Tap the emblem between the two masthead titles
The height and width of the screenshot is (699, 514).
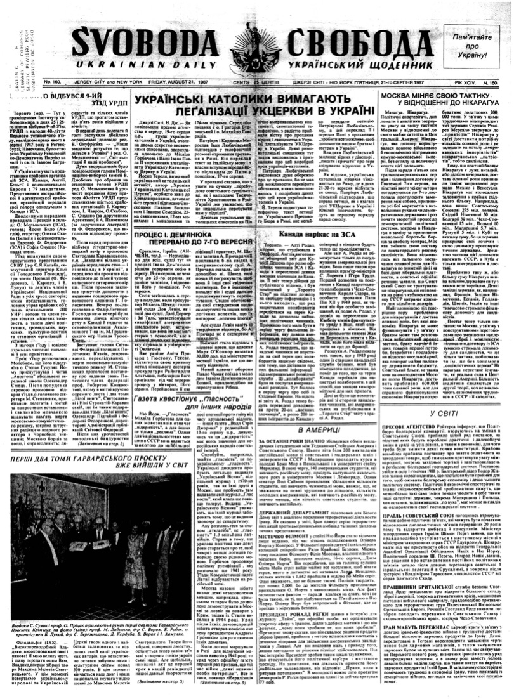tap(251, 48)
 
